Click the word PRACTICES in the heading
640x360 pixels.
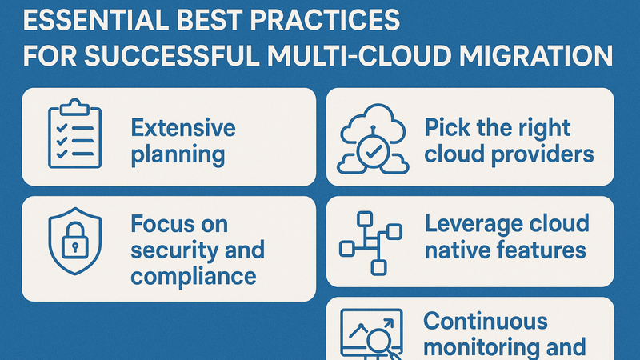[x=325, y=19]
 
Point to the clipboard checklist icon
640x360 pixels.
[x=74, y=133]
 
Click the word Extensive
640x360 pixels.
[x=183, y=128]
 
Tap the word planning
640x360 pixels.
[x=178, y=155]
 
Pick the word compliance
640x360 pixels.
[x=194, y=277]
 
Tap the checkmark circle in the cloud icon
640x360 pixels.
[x=373, y=152]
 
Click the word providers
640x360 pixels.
[x=542, y=154]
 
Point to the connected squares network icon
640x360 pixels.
[x=370, y=243]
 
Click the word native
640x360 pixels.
[x=452, y=250]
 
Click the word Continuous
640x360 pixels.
[x=486, y=322]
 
